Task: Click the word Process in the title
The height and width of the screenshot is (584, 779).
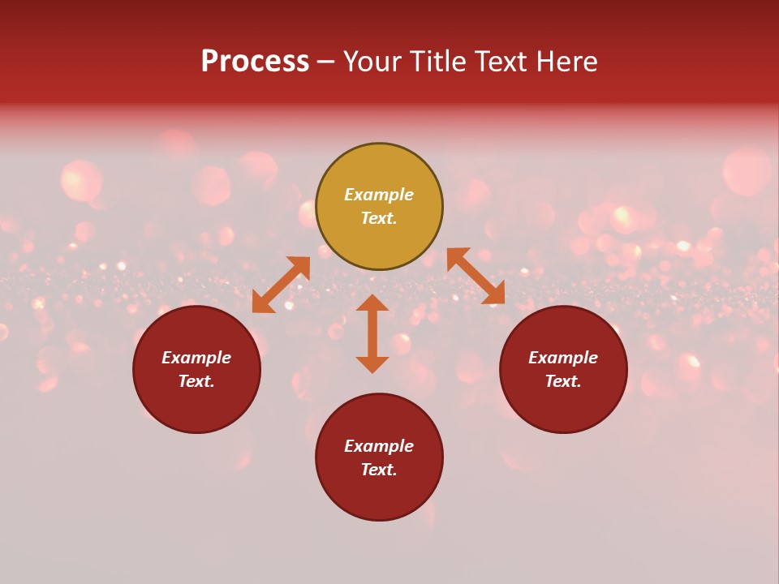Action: [255, 62]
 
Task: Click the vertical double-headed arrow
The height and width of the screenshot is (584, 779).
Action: [372, 333]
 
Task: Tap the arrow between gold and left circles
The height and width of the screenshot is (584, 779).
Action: [281, 285]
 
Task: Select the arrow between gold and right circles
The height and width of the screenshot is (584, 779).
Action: [476, 276]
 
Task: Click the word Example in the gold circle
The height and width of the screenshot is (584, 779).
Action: [379, 195]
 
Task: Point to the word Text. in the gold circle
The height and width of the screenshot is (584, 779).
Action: [379, 218]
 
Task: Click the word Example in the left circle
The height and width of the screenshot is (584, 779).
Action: [196, 358]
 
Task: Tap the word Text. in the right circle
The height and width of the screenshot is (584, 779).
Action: [563, 381]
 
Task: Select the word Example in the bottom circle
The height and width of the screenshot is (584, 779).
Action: [379, 446]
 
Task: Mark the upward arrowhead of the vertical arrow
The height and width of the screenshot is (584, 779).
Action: [372, 303]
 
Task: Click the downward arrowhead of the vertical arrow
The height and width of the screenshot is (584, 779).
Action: [372, 364]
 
